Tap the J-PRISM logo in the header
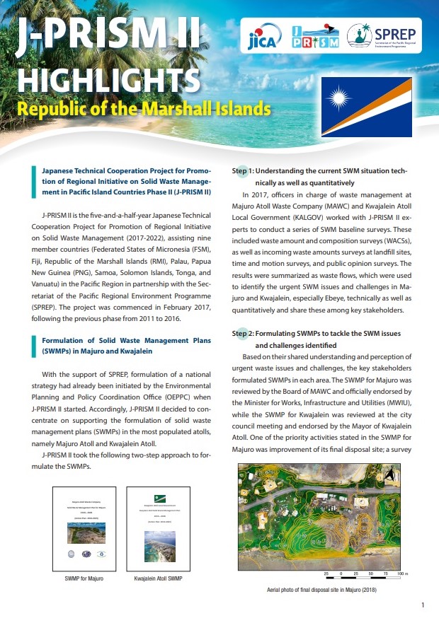pyautogui.click(x=316, y=35)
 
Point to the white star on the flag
pyautogui.click(x=341, y=94)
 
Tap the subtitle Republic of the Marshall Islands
pyautogui.click(x=144, y=110)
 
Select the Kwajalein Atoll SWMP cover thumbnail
pyautogui.click(x=154, y=530)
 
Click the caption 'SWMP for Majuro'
pyautogui.click(x=79, y=580)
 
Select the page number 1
pyautogui.click(x=422, y=605)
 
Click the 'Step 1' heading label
pyautogui.click(x=242, y=171)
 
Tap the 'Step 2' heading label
pyautogui.click(x=242, y=333)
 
